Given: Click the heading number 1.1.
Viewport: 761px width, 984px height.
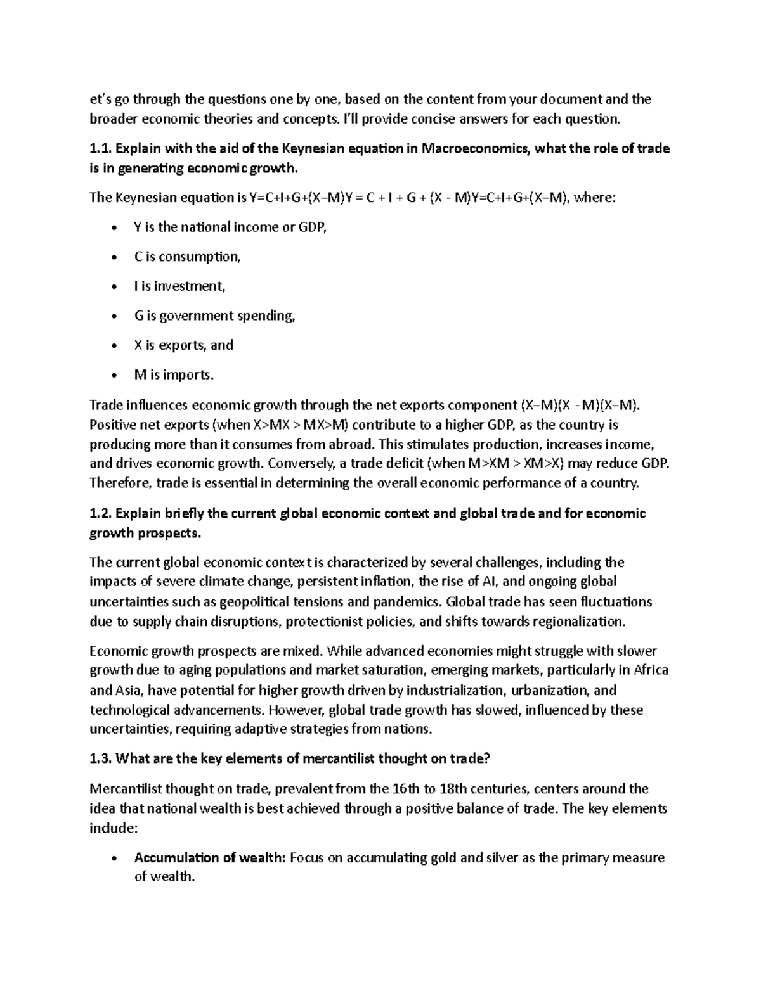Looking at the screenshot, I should point(100,149).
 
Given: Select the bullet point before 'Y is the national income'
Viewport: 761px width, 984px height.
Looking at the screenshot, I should point(113,227).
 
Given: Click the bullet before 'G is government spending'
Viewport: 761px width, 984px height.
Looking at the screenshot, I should point(113,316).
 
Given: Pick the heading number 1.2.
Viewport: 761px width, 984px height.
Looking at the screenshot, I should point(100,513).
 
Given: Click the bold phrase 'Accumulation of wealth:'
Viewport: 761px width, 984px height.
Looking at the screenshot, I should point(210,858).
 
